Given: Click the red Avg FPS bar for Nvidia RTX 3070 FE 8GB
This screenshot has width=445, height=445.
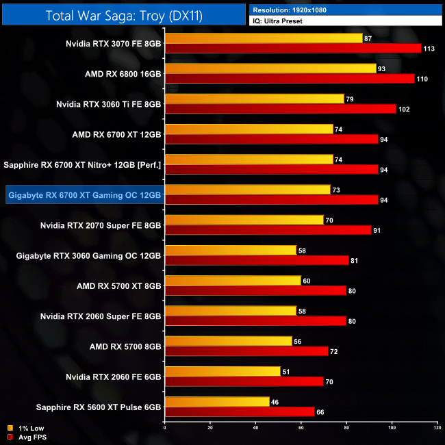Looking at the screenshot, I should click(293, 49).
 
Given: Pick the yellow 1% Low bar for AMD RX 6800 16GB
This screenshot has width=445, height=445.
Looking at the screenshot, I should click(270, 68).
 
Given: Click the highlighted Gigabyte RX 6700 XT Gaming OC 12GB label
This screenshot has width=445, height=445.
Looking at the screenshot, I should click(84, 194).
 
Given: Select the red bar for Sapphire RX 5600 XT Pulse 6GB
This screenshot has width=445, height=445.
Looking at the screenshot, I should click(240, 411).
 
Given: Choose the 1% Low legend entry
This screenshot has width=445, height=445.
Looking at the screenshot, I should click(25, 428).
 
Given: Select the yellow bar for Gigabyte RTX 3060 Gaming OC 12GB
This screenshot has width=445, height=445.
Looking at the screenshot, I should click(231, 251).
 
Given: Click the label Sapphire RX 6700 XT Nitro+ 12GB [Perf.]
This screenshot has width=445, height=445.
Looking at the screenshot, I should click(82, 164).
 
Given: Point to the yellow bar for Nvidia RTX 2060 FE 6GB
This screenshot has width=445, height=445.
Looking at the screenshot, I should click(222, 371).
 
